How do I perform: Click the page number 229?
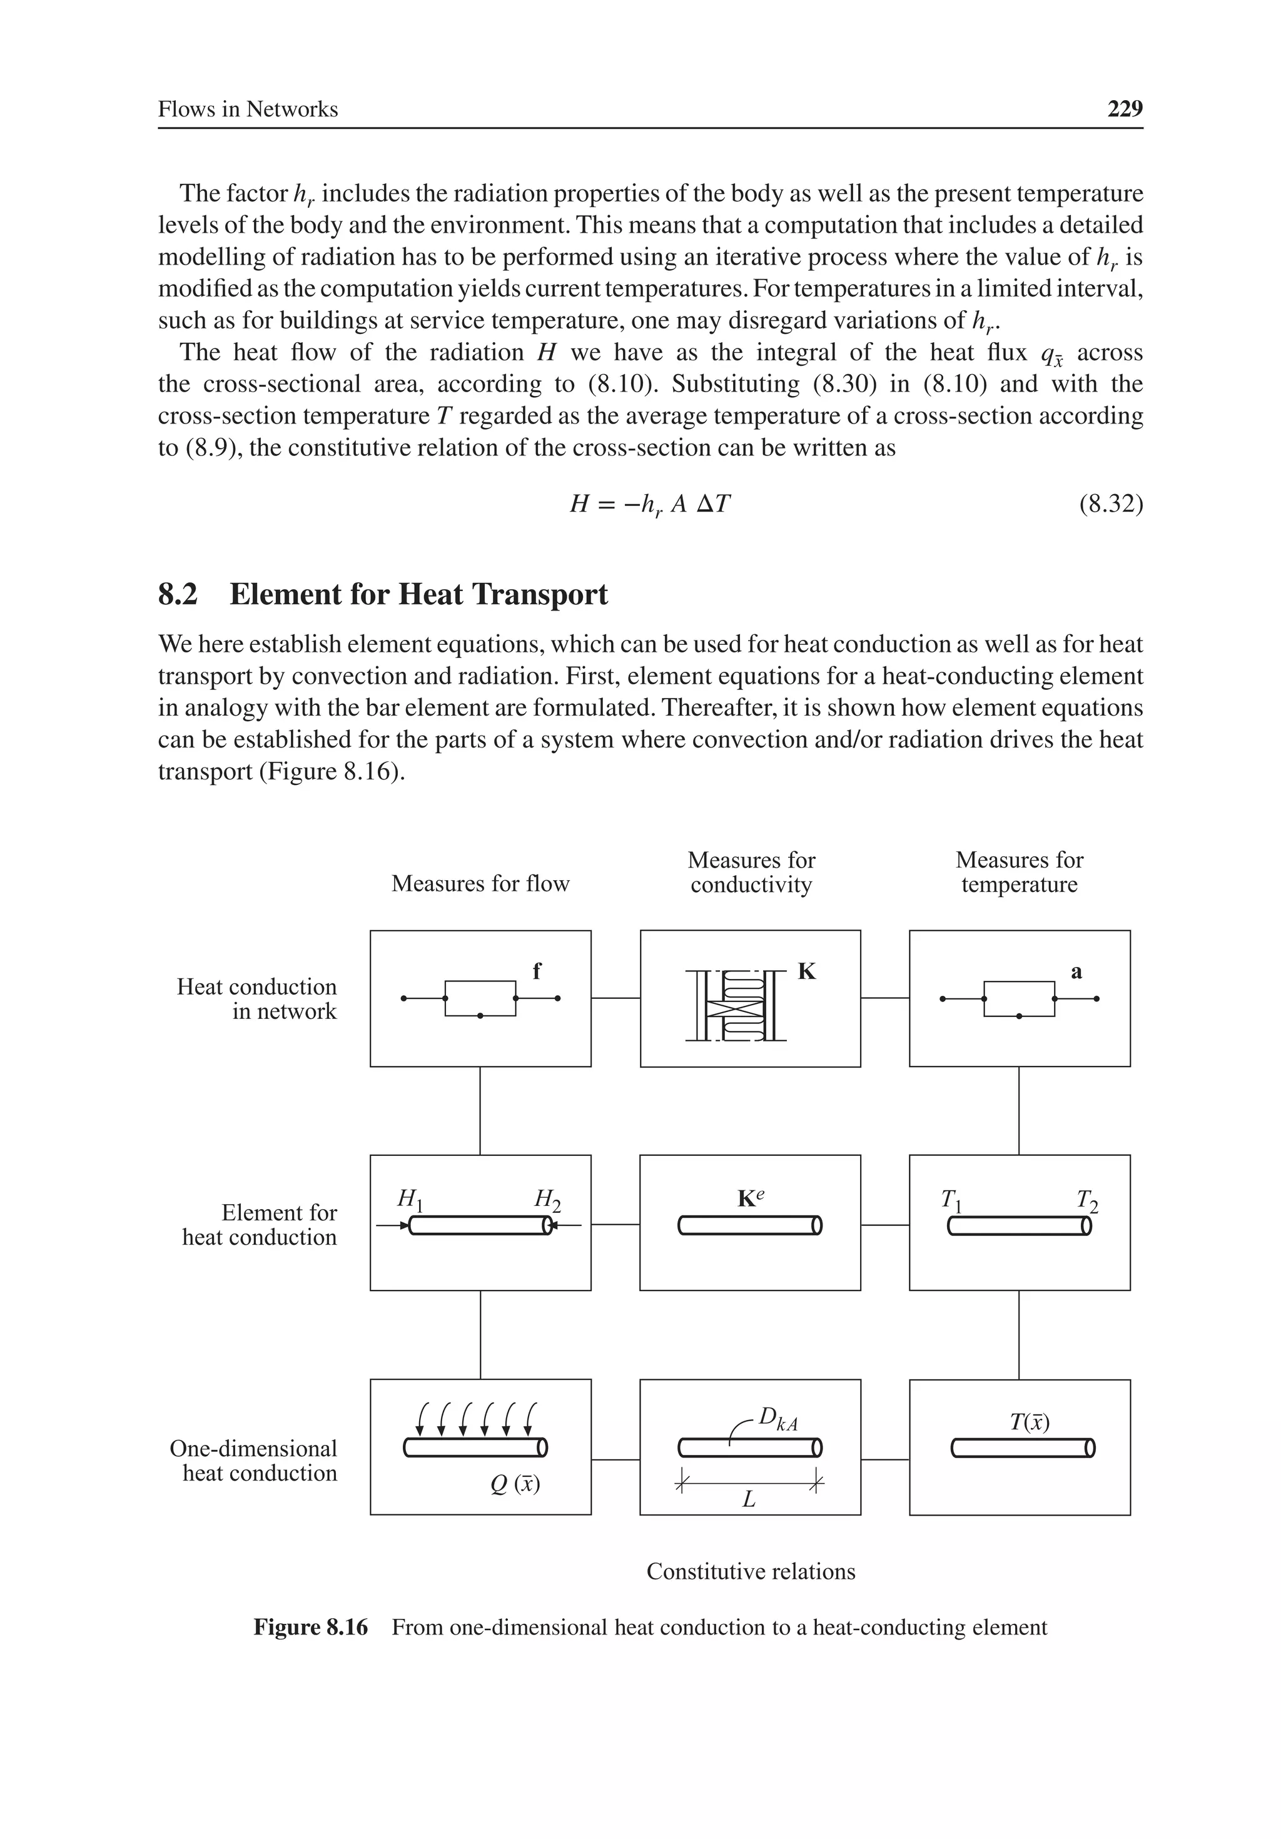pos(1124,109)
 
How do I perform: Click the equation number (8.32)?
pos(1110,505)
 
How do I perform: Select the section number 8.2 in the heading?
pos(177,595)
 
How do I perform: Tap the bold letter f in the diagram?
pos(537,971)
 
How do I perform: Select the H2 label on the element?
pos(547,1199)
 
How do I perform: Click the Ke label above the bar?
pos(750,1198)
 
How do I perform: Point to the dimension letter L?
pos(748,1499)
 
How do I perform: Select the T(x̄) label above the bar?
pos(1030,1422)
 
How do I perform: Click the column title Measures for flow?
pos(480,883)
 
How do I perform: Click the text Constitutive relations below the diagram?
pos(751,1571)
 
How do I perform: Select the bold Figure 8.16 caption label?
pos(310,1628)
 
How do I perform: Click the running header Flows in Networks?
pos(248,109)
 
